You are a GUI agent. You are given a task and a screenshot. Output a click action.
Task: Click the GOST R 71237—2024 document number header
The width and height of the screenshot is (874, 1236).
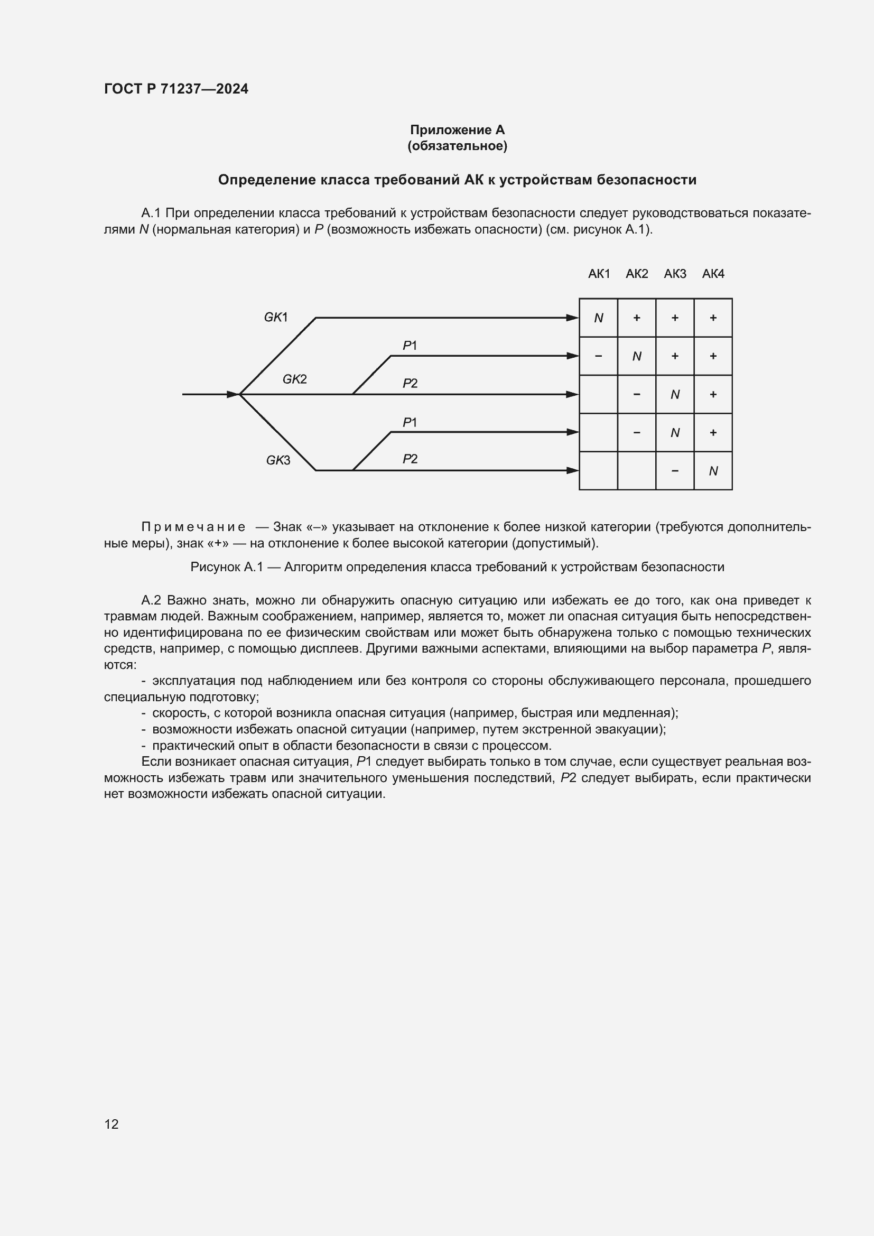pyautogui.click(x=176, y=89)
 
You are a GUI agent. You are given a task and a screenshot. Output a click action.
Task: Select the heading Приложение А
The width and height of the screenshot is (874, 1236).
pyautogui.click(x=457, y=130)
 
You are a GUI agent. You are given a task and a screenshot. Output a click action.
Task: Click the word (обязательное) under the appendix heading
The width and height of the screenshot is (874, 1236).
pyautogui.click(x=457, y=146)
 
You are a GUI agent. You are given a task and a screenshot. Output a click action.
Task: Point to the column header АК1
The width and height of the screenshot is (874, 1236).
pyautogui.click(x=599, y=274)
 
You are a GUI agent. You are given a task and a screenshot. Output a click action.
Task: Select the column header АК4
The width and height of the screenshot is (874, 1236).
pyautogui.click(x=713, y=274)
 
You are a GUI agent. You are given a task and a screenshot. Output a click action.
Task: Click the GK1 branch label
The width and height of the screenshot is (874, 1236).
pyautogui.click(x=275, y=317)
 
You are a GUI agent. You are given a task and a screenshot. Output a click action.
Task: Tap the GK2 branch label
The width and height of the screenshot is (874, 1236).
pyautogui.click(x=294, y=379)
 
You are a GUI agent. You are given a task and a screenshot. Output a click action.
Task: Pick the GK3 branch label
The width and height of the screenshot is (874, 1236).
pyautogui.click(x=278, y=460)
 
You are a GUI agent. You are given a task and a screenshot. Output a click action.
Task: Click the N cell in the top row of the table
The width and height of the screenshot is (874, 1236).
pyautogui.click(x=599, y=318)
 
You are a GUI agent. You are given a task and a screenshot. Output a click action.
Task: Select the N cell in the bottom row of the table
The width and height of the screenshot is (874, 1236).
pyautogui.click(x=713, y=471)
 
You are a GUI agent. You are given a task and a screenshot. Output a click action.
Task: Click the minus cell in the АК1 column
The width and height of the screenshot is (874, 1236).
pyautogui.click(x=599, y=356)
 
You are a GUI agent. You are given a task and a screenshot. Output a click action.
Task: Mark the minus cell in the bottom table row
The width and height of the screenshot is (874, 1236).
pyautogui.click(x=675, y=471)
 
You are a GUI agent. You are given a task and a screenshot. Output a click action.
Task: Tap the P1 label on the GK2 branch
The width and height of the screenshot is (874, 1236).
pyautogui.click(x=410, y=346)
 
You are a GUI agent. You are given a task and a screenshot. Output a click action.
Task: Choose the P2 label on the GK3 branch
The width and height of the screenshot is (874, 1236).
pyautogui.click(x=410, y=459)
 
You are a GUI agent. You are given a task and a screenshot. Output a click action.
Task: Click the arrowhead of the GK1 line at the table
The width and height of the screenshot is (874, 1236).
pyautogui.click(x=572, y=318)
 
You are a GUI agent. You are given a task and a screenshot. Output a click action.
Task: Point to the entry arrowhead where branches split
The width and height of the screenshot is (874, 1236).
pyautogui.click(x=233, y=395)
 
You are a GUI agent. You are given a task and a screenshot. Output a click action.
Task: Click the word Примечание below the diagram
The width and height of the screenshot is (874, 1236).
pyautogui.click(x=193, y=526)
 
